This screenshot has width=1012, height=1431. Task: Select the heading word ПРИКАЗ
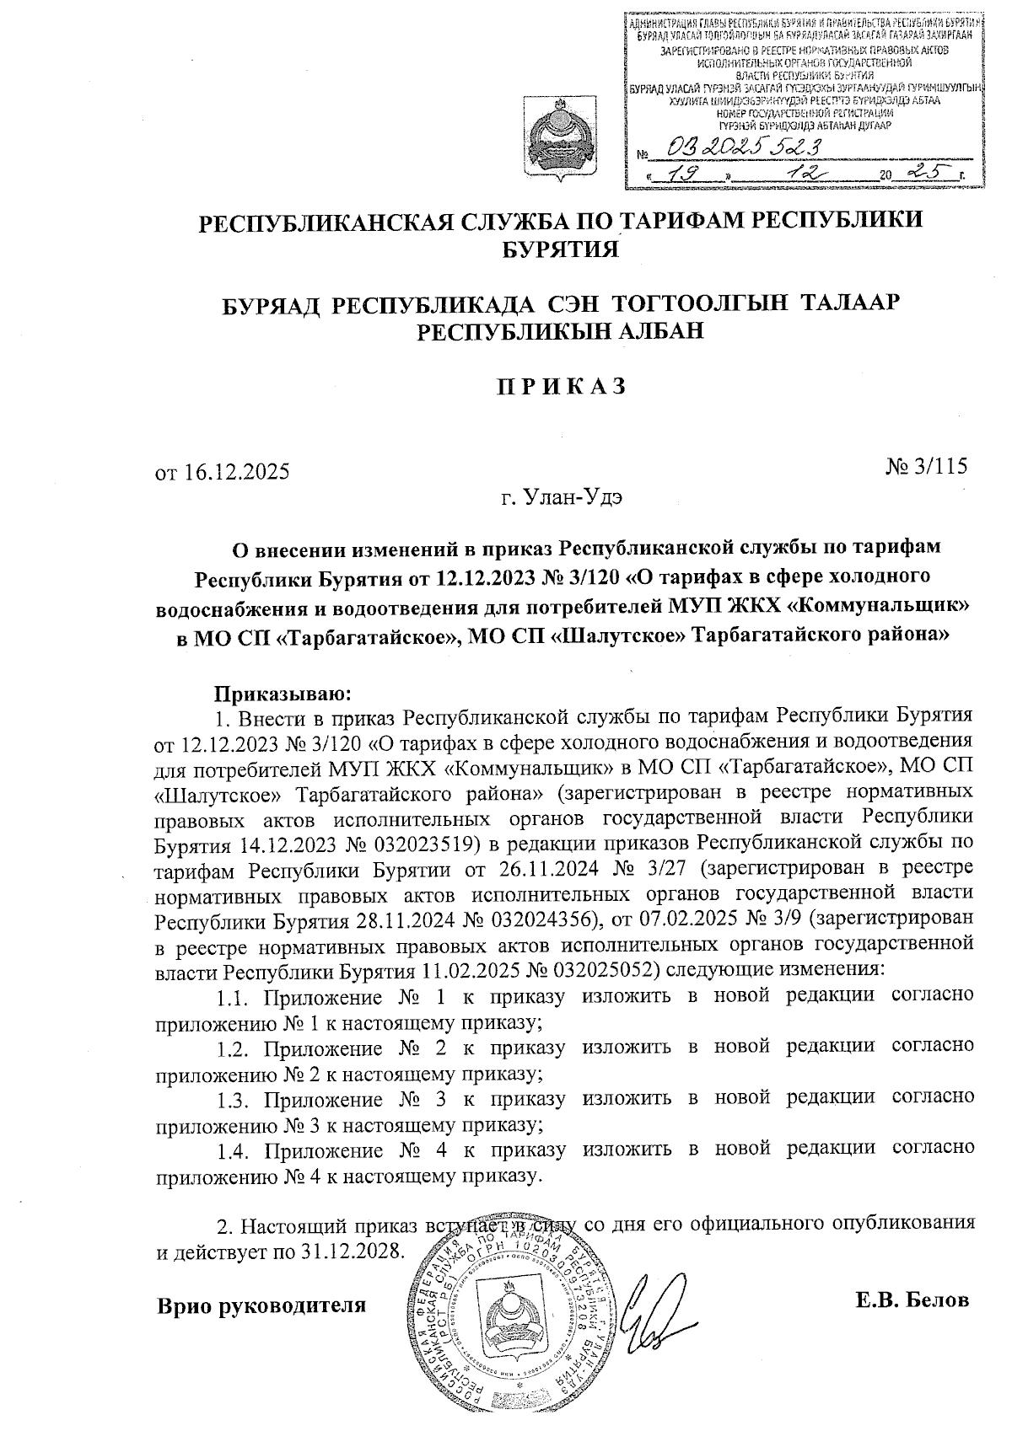[x=560, y=386]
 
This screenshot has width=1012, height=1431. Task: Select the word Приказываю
[x=279, y=694]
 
